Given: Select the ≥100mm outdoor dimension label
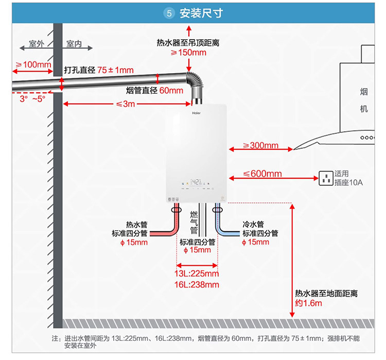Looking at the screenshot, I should (33, 65).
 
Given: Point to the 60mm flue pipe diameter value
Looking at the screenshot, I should (171, 91).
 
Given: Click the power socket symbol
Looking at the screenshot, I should (325, 178).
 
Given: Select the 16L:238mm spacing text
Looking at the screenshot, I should (197, 284).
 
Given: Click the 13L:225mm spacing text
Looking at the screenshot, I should (197, 273).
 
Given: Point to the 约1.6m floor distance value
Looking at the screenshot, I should (308, 303).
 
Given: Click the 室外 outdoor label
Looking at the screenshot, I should (37, 44).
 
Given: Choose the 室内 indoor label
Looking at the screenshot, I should (74, 44).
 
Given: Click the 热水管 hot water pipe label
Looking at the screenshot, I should (137, 225).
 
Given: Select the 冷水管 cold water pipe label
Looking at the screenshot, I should (253, 225).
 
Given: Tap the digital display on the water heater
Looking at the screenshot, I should (196, 181).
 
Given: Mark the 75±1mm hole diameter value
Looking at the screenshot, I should (115, 70).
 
